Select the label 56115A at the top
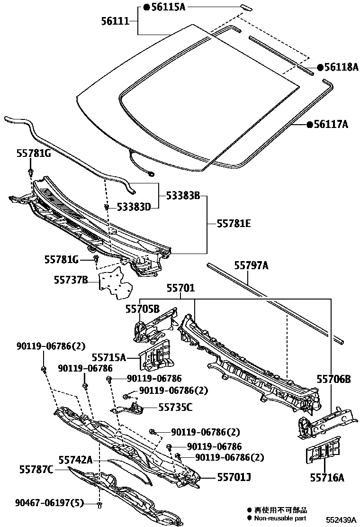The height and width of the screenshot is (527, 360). pos(168,7)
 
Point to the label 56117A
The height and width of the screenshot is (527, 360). pos(331,125)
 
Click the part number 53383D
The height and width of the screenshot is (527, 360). pos(134,207)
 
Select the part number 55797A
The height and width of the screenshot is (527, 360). pos(252,266)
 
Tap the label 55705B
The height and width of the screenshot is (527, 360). pos(142,309)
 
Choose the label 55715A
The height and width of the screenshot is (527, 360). pos(109,357)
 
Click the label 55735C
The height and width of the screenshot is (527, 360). pos(175,407)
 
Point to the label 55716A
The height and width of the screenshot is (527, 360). pos(327,477)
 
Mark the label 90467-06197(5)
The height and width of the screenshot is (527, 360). pos(45,503)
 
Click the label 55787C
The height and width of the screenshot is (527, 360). pos(36,469)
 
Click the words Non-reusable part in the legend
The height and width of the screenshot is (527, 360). pos(280,518)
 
